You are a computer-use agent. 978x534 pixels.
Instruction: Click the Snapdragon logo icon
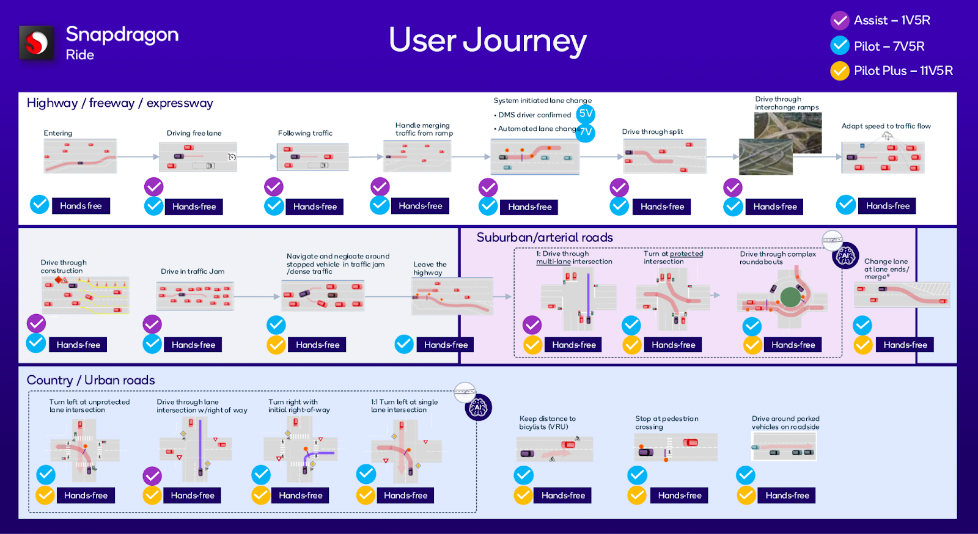(36, 43)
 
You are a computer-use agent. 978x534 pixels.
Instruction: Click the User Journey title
(487, 40)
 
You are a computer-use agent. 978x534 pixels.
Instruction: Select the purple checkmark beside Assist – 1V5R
(840, 21)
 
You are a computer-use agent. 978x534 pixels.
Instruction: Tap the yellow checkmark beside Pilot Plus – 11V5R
(840, 71)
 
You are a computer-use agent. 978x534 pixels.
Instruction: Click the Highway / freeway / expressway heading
(120, 103)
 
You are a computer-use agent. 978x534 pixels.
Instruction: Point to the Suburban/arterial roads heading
(545, 238)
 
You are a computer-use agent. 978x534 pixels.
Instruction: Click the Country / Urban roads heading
(90, 380)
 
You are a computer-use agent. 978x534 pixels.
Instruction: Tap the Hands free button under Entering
(81, 206)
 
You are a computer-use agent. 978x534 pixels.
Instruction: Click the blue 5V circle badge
(586, 114)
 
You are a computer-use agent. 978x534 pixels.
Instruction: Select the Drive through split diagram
(664, 156)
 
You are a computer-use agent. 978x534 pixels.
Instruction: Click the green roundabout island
(790, 297)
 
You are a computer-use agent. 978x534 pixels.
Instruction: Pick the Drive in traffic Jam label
(193, 271)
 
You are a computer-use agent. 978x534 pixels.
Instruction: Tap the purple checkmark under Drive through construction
(36, 323)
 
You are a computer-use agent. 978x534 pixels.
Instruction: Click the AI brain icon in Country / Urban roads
(478, 407)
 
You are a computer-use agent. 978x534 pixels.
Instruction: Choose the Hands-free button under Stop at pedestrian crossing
(680, 496)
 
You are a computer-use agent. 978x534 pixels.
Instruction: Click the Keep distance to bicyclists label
(547, 423)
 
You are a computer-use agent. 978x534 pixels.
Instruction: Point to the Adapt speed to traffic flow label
(886, 126)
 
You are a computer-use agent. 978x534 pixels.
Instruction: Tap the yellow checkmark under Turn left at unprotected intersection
(45, 496)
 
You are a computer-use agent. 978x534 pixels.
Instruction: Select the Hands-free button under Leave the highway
(446, 345)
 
